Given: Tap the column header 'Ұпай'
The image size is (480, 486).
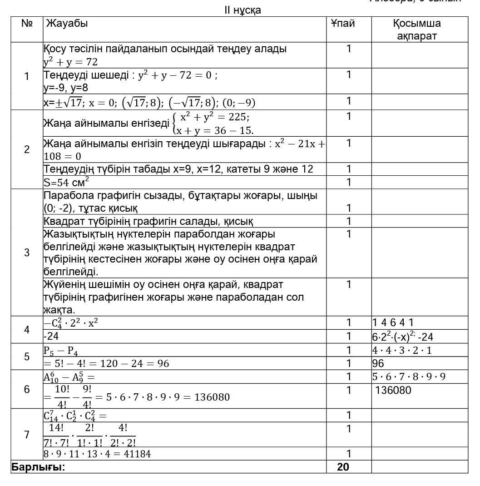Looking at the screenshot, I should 343,24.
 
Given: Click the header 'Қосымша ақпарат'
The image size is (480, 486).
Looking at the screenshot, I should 416,30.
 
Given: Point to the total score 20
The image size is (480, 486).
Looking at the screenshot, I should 343,467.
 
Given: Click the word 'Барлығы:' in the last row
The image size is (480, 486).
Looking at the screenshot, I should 39,467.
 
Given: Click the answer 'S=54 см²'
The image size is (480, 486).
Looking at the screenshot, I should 66,182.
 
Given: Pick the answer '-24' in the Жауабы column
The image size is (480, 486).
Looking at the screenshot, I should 49,337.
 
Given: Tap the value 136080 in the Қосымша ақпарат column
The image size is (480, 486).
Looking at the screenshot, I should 393,390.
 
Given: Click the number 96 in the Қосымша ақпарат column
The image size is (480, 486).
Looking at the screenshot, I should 378,363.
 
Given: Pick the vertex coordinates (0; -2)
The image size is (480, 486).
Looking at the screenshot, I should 59,208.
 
